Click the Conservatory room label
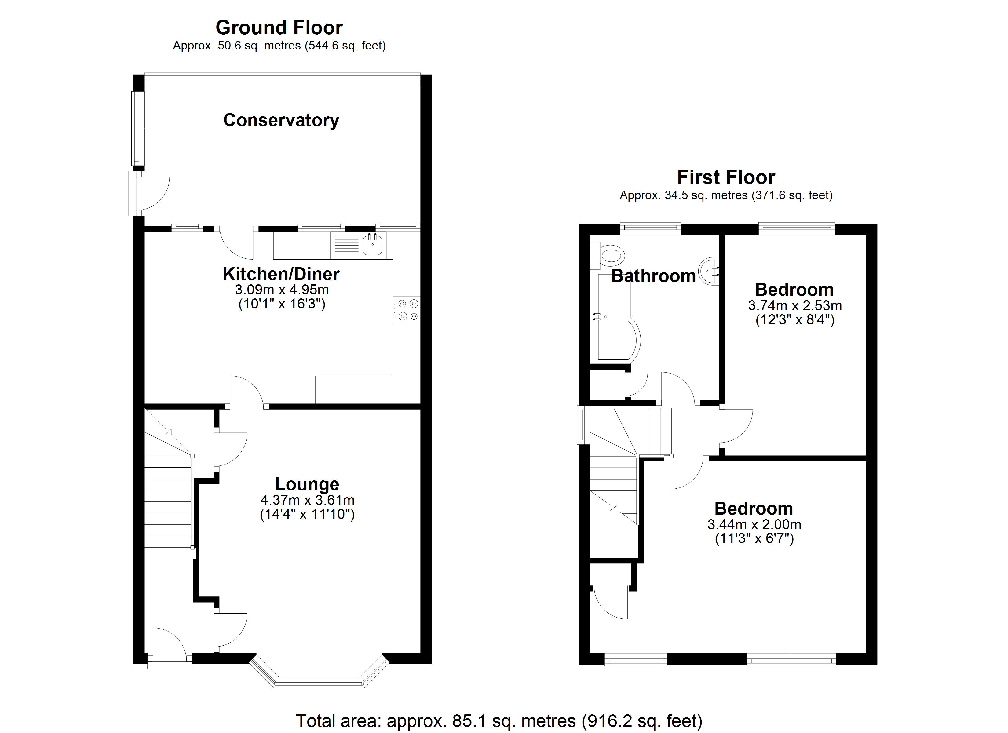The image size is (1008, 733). tap(281, 120)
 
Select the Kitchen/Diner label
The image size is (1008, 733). tap(281, 274)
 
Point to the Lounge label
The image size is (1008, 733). tap(307, 484)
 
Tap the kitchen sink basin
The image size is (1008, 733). tap(372, 245)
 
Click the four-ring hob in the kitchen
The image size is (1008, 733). tap(407, 310)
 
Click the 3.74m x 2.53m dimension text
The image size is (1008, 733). tap(795, 306)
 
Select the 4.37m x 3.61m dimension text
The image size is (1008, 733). tap(307, 500)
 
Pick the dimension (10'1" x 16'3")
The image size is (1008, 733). tap(282, 305)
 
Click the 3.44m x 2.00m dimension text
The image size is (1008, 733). tap(754, 524)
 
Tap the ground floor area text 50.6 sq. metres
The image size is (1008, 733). tap(279, 46)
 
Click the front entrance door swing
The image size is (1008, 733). tap(168, 642)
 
